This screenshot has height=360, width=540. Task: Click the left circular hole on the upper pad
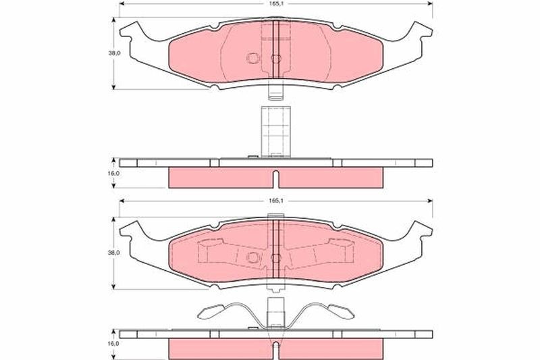point(253,59)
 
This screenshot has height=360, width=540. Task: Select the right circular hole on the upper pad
point(275,59)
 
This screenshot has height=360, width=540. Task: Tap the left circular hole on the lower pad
point(253,257)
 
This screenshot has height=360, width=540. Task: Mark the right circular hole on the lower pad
point(275,257)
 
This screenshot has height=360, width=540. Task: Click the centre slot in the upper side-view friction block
point(275,180)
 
